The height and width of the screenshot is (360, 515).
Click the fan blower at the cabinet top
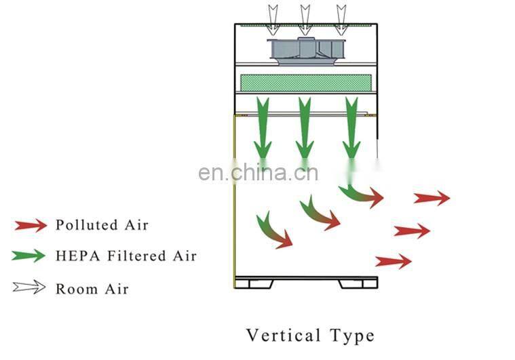click(x=305, y=51)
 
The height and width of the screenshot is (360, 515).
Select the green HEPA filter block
click(x=305, y=83)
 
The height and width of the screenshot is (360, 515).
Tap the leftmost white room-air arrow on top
click(x=273, y=19)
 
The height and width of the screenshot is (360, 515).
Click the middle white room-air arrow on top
click(x=305, y=19)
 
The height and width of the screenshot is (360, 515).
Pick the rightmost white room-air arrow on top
click(x=341, y=19)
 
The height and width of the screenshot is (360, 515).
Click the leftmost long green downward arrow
click(x=262, y=129)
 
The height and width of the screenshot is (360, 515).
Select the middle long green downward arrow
click(x=305, y=129)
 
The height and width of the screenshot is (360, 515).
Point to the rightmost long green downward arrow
click(x=351, y=129)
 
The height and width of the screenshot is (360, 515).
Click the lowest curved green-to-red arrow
click(x=273, y=230)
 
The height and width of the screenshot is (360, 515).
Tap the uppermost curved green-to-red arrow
click(x=361, y=195)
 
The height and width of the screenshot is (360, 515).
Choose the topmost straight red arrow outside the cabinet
click(x=432, y=198)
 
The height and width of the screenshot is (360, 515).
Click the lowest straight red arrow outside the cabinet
click(x=394, y=261)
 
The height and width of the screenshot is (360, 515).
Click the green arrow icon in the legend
click(x=31, y=256)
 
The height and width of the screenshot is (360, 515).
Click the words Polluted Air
click(x=102, y=225)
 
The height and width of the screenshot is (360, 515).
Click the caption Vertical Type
click(x=309, y=336)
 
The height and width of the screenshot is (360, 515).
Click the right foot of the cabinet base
click(x=358, y=283)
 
